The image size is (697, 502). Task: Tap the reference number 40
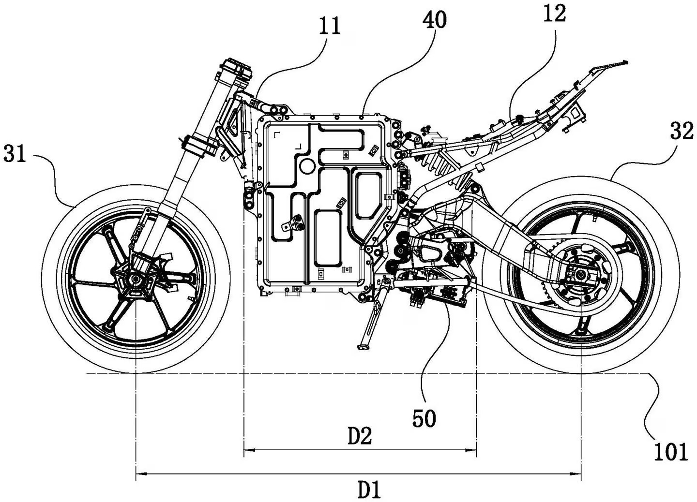point(434,20)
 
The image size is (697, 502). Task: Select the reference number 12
point(554,14)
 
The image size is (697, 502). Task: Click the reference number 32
point(682,131)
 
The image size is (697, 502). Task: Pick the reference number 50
point(424,418)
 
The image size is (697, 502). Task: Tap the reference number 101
point(670,452)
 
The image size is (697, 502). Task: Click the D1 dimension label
point(369,490)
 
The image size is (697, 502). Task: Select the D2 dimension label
point(360,437)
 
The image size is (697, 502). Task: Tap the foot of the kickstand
point(363,346)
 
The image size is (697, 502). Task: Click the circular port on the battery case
point(307,165)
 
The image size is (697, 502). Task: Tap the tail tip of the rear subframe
point(624,61)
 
